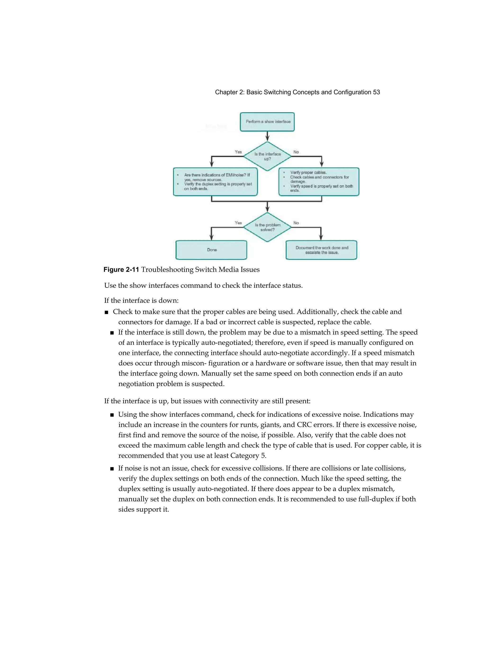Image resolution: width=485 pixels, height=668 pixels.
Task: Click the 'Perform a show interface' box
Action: click(x=267, y=122)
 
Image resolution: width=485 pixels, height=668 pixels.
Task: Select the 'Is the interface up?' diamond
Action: click(x=267, y=156)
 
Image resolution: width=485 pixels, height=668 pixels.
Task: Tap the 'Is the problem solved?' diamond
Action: click(x=267, y=227)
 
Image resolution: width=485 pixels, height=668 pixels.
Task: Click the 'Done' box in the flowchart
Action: click(x=211, y=250)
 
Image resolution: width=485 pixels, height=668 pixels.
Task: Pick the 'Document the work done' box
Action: click(x=321, y=250)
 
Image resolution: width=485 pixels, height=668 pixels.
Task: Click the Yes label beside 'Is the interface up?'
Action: click(x=238, y=152)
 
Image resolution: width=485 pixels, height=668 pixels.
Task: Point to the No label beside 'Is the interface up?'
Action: click(x=296, y=152)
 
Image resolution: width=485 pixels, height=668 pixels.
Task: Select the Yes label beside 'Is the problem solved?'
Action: click(x=238, y=223)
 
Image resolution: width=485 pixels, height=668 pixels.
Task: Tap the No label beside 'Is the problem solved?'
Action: click(x=296, y=223)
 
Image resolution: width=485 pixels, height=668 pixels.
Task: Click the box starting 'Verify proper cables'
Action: click(x=319, y=181)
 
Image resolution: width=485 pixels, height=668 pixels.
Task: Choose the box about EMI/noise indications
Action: click(x=215, y=181)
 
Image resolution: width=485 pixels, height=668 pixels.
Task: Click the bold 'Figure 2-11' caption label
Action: click(x=121, y=270)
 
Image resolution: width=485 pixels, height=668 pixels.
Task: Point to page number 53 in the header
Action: click(x=376, y=92)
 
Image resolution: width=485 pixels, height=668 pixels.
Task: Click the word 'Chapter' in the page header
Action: click(x=226, y=92)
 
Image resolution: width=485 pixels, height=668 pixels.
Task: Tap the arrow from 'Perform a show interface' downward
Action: click(x=267, y=136)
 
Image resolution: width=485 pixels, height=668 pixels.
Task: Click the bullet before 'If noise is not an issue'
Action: click(x=112, y=469)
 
